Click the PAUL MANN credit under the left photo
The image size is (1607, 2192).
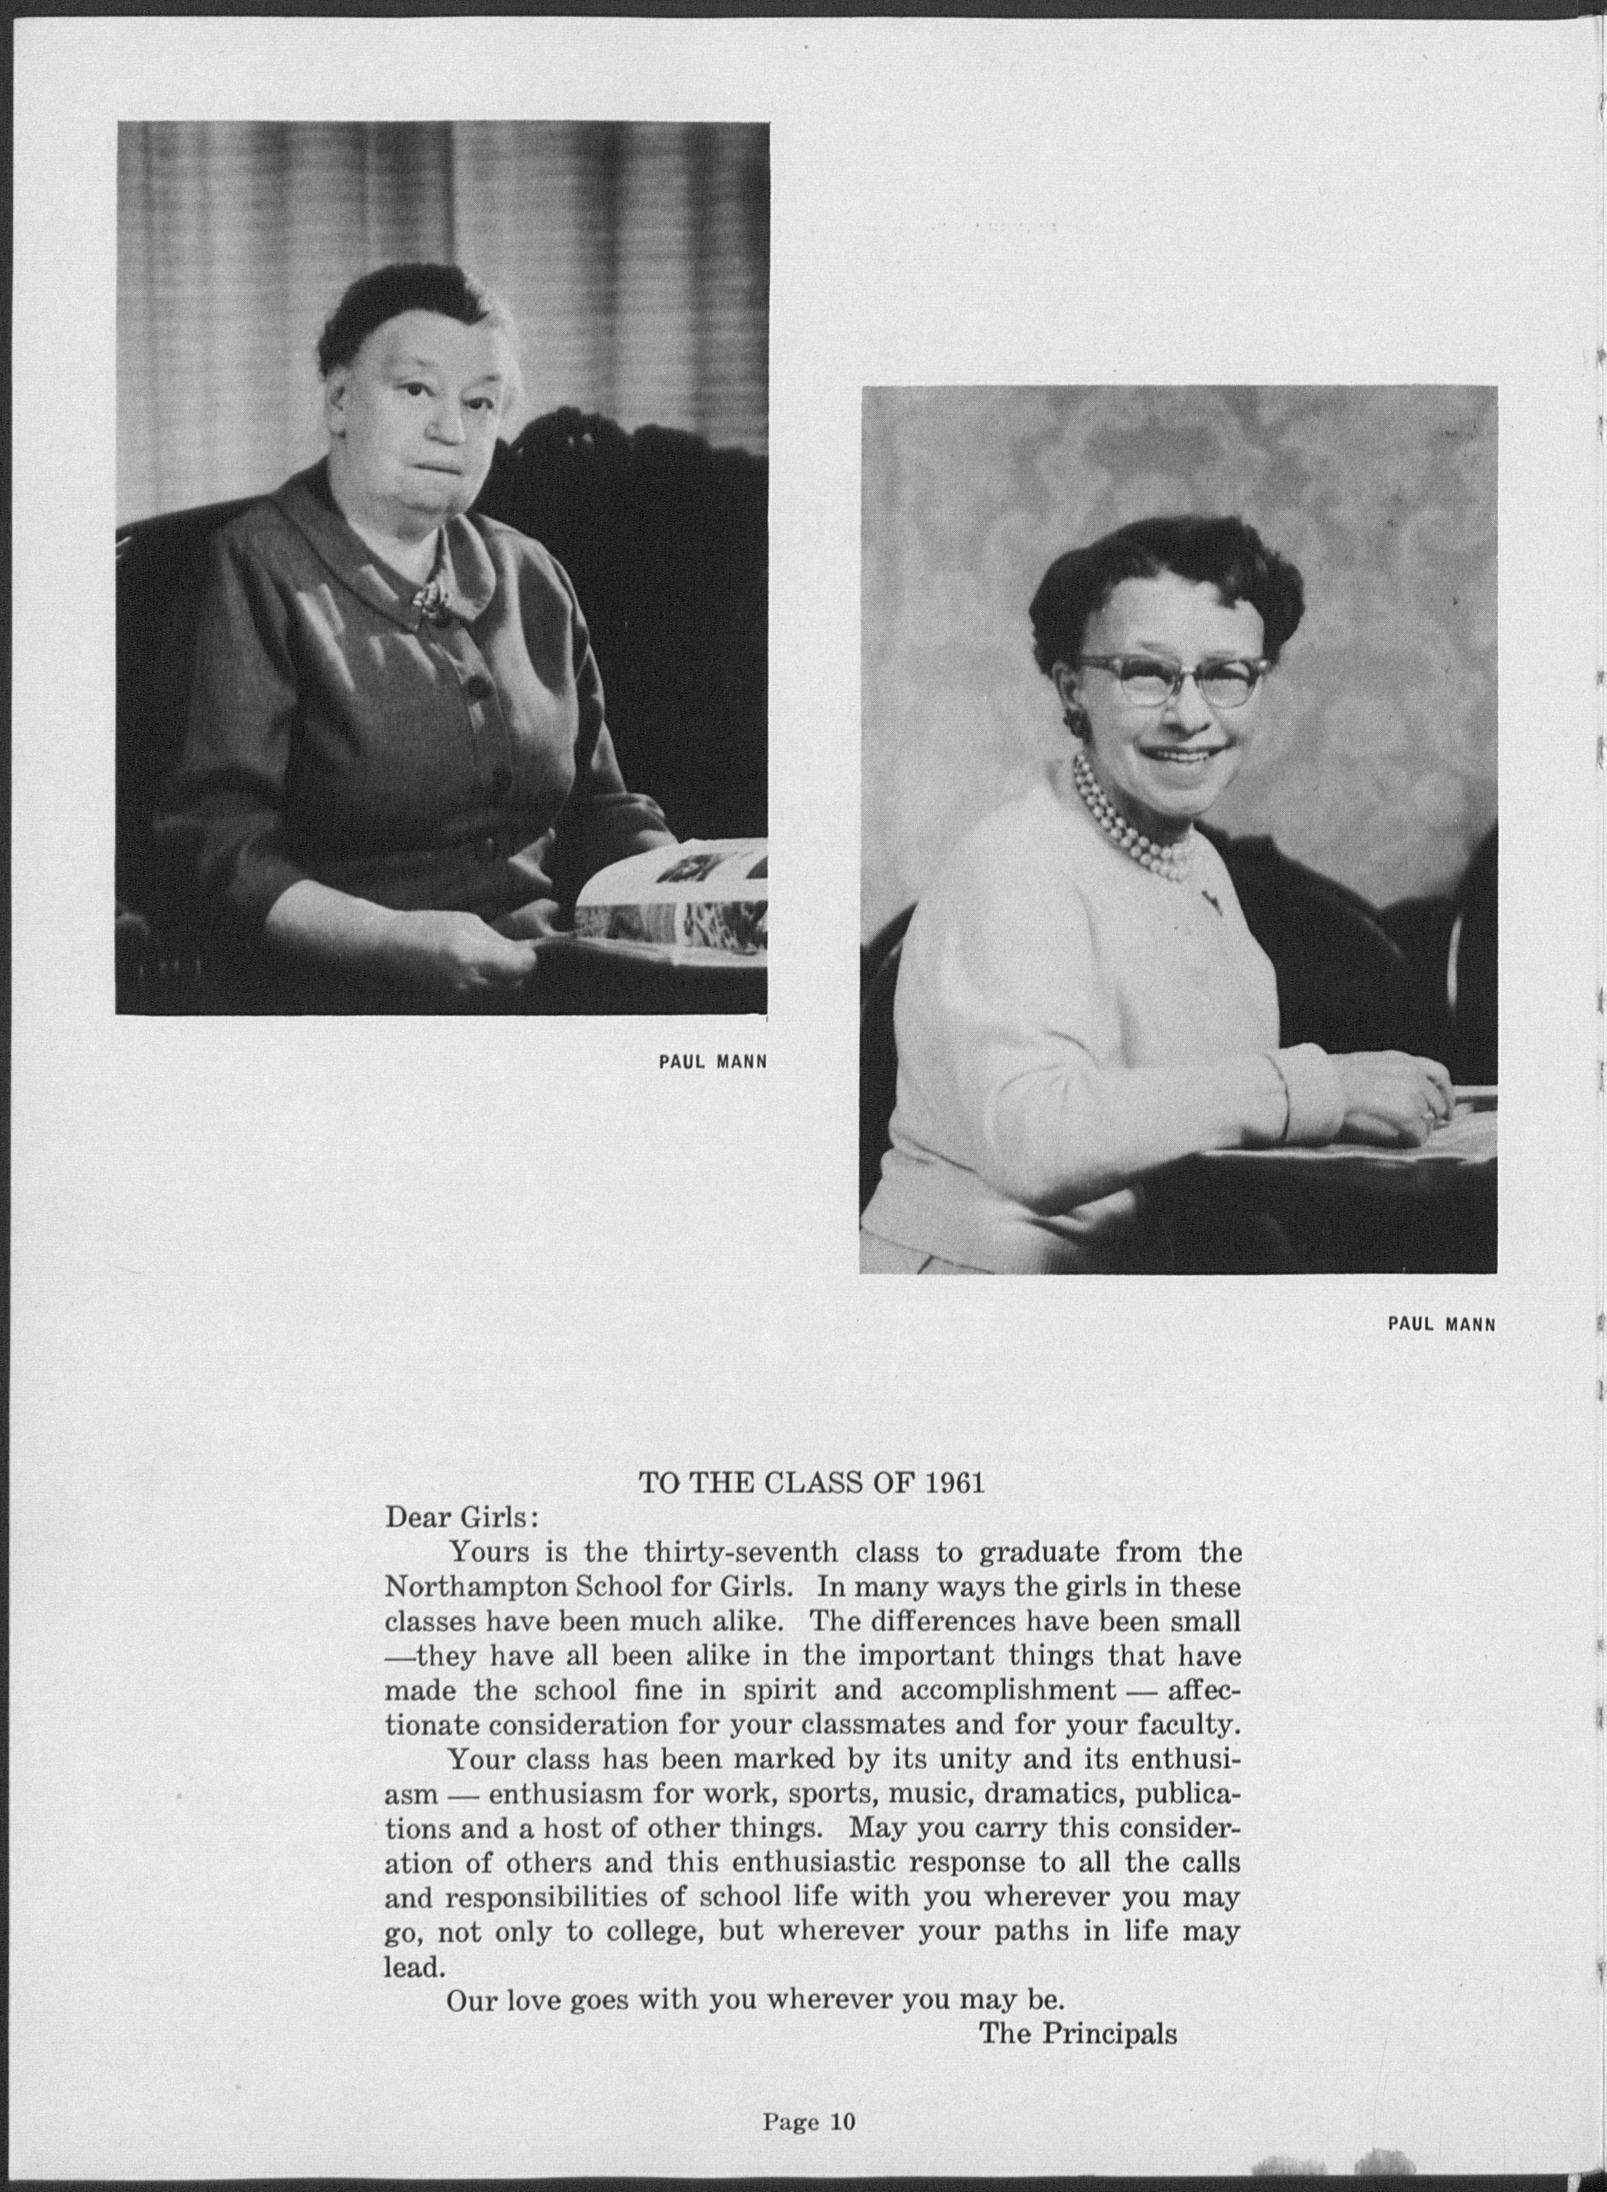tap(713, 1062)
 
